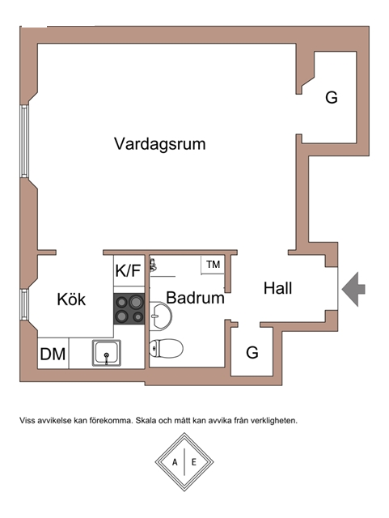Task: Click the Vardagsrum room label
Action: tap(160, 144)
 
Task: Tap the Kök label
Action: tap(71, 299)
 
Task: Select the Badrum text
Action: tap(195, 298)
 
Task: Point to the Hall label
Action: tap(277, 288)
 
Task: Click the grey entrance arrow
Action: tap(353, 290)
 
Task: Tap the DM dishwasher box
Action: tap(53, 353)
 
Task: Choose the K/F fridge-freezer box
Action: tap(129, 270)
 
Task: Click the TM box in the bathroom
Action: tap(213, 265)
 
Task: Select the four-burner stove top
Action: tap(129, 308)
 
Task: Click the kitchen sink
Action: tap(106, 353)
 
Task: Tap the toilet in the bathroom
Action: tap(166, 348)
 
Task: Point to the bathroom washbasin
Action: tap(160, 316)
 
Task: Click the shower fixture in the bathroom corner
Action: tap(153, 265)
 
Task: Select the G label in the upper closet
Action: tap(332, 97)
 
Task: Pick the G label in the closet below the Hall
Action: tap(252, 353)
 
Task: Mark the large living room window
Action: tap(25, 142)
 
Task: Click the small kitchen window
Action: tap(24, 304)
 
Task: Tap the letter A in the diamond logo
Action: tap(175, 462)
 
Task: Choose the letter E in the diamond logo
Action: tap(194, 462)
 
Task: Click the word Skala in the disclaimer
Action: tap(146, 421)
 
